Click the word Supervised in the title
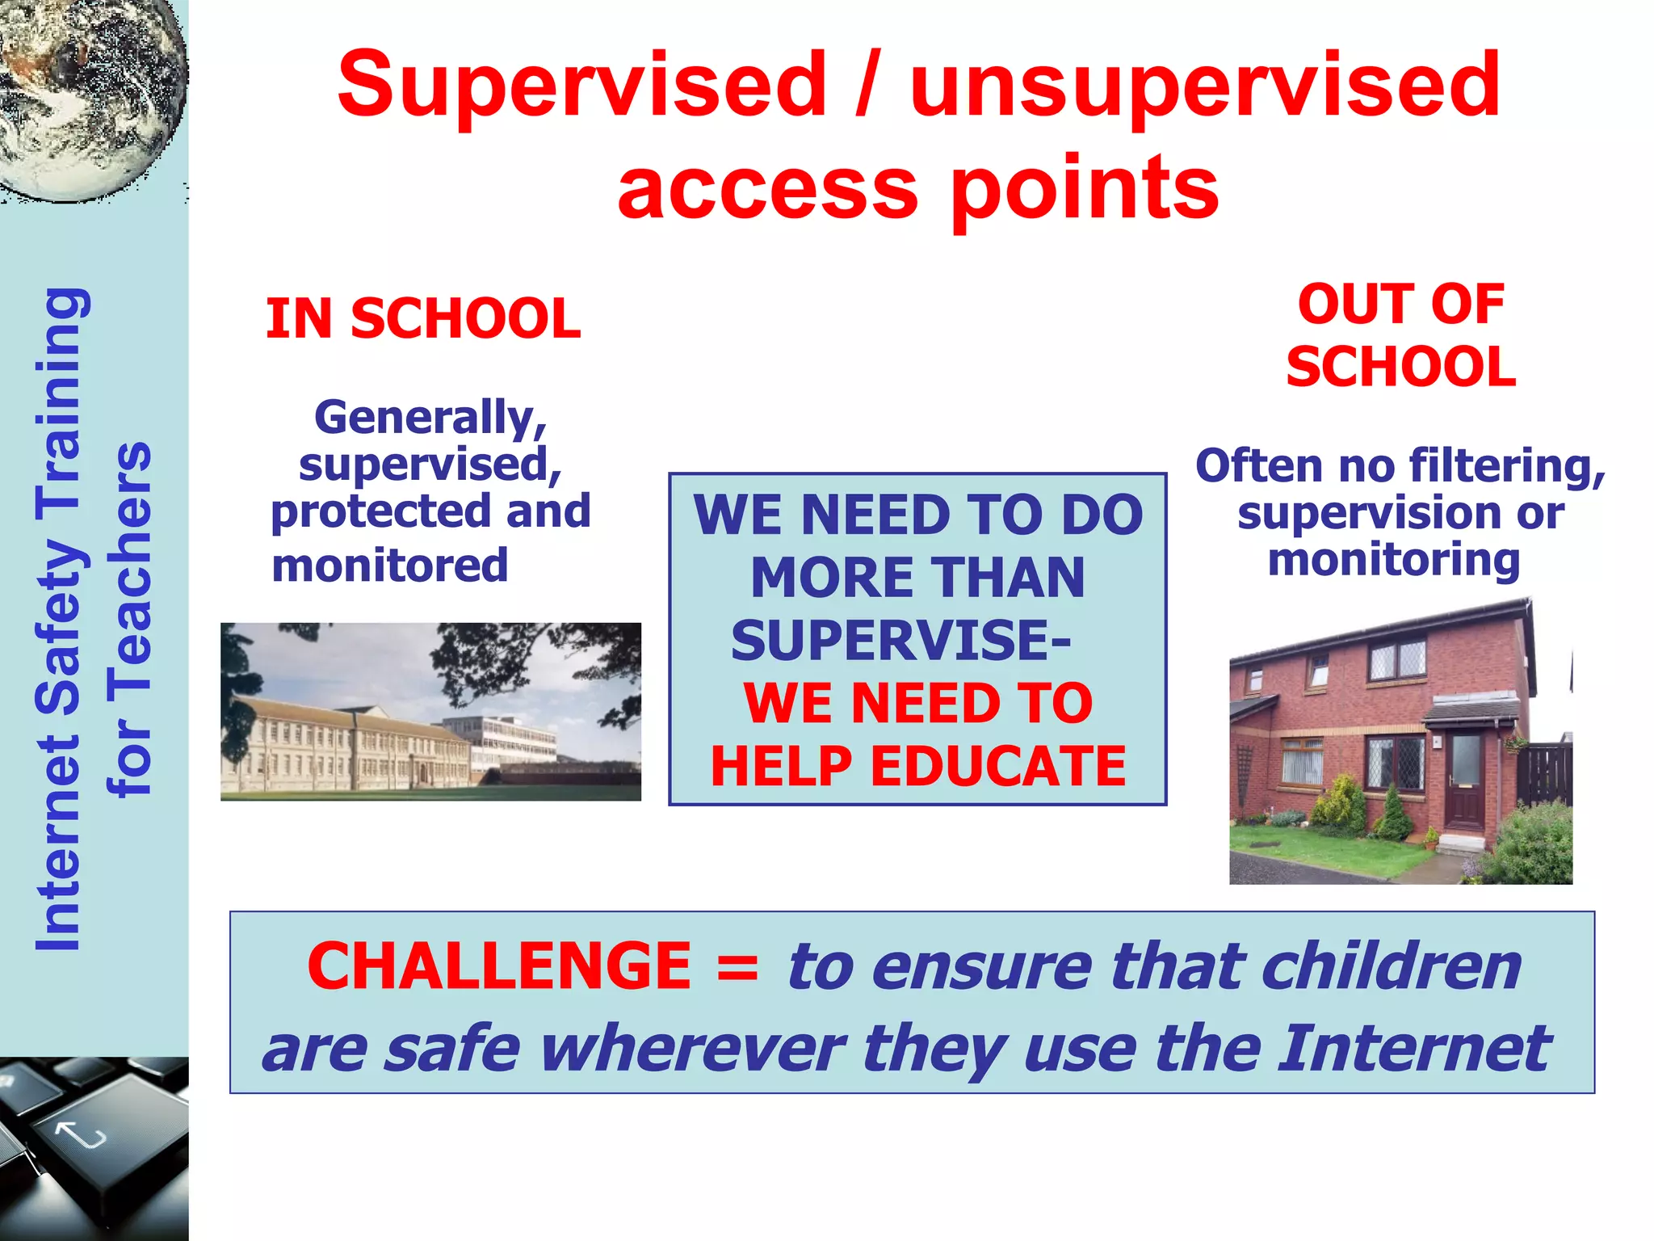(581, 85)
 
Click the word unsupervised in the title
(1204, 85)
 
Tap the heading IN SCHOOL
(423, 318)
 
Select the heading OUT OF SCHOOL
(1400, 335)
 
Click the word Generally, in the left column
(430, 418)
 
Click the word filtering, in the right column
(1506, 466)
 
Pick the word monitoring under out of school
(1394, 560)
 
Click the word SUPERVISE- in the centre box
(900, 640)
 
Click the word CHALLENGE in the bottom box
(499, 966)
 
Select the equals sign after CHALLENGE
(737, 968)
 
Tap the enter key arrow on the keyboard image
(81, 1135)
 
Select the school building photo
(430, 712)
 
